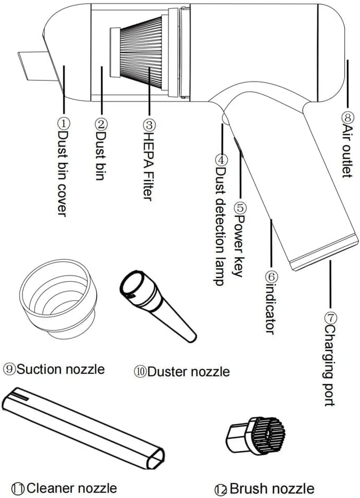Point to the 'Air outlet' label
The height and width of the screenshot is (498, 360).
point(346,151)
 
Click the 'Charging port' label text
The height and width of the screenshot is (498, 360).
point(330,367)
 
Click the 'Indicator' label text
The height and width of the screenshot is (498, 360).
point(270,308)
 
